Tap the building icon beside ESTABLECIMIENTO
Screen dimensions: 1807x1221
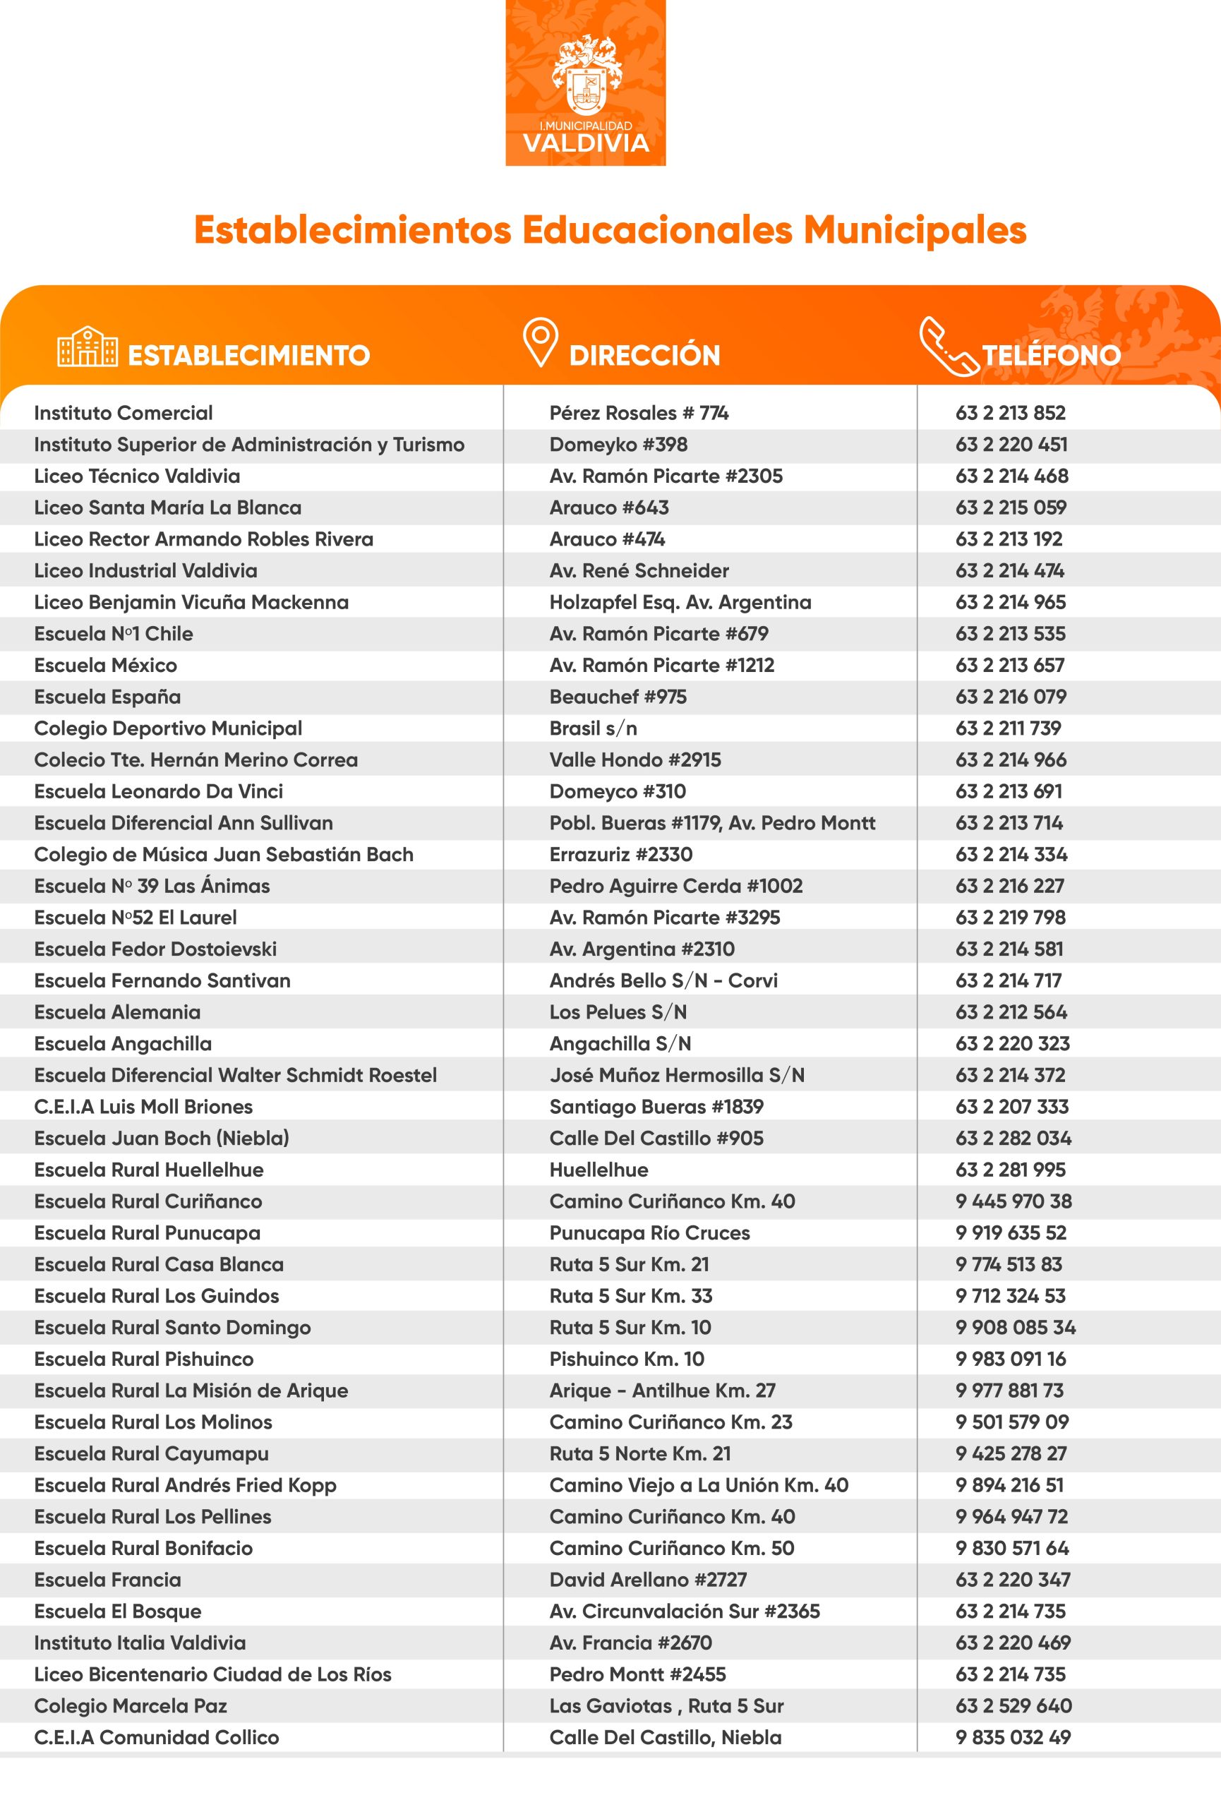point(87,347)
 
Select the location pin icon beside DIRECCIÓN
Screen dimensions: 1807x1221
point(540,342)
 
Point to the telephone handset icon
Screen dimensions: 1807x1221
point(946,346)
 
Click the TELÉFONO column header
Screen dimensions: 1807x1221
point(1051,355)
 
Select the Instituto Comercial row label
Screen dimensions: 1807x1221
point(123,413)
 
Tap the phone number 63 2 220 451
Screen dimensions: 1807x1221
point(1011,445)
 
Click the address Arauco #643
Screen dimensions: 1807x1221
point(608,508)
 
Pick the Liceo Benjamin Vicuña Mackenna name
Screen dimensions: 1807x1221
point(191,603)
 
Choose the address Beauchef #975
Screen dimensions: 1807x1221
point(618,697)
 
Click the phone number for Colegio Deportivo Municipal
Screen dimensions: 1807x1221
point(1008,728)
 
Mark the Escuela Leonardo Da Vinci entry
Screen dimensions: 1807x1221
point(159,791)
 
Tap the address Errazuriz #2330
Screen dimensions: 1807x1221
point(620,855)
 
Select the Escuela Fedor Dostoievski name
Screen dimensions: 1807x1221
point(155,949)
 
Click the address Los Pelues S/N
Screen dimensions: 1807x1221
point(618,1012)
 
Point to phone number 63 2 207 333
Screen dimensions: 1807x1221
point(1012,1107)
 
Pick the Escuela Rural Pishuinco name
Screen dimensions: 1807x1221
point(144,1359)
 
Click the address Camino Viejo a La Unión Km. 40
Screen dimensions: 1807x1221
point(699,1485)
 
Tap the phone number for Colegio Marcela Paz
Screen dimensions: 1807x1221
point(1014,1706)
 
